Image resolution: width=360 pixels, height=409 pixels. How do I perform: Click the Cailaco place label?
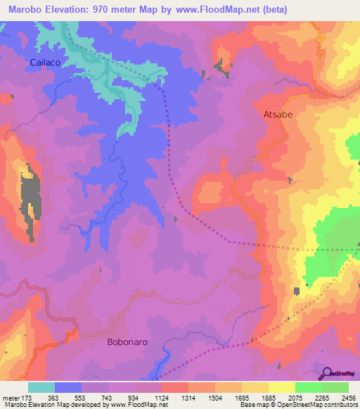coord(44,63)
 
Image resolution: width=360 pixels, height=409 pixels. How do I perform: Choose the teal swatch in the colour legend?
coord(41,388)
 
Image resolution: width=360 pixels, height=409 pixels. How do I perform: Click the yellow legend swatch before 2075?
coord(282,388)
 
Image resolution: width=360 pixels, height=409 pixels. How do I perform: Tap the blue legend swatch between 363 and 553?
coord(68,388)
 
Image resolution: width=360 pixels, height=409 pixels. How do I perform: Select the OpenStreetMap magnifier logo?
coord(327,373)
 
